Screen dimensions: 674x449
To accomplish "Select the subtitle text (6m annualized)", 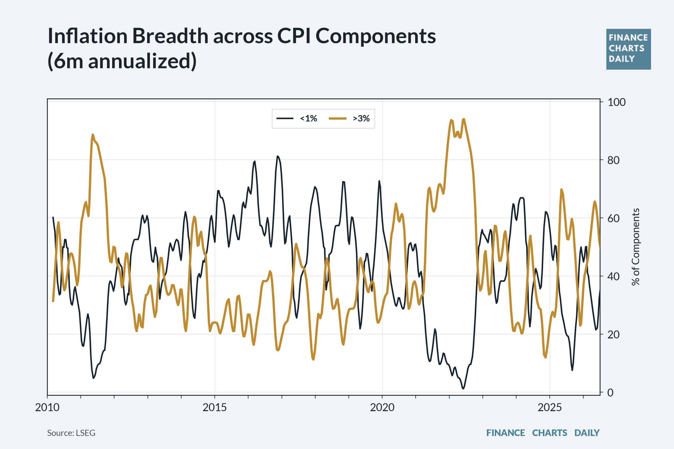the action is point(122,61).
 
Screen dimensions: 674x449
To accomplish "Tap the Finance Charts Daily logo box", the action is point(629,49).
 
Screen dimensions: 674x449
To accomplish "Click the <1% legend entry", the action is point(297,118).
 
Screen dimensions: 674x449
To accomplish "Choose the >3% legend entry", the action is point(349,118).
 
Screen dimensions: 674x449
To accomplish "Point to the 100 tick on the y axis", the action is point(616,102).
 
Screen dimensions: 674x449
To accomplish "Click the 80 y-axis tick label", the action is point(613,160).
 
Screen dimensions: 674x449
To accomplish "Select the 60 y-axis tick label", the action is point(613,218).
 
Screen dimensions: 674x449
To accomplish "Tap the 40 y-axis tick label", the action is point(613,277).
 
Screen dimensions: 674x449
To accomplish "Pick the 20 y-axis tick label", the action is point(613,335).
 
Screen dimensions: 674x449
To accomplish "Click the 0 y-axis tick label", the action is point(610,393).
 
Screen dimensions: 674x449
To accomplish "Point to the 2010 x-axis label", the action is point(47,407).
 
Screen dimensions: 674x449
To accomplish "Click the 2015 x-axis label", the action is point(215,407).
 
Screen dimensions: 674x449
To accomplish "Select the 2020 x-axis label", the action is point(382,407).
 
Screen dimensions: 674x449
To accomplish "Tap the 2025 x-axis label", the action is point(550,407).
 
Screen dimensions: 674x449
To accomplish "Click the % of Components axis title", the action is point(636,247).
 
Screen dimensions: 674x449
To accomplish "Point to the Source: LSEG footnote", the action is point(71,433).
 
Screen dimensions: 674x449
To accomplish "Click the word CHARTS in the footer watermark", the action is point(550,433).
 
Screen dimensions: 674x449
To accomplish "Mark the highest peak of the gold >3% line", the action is point(464,119).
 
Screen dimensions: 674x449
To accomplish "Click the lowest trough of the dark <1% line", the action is point(463,389).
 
